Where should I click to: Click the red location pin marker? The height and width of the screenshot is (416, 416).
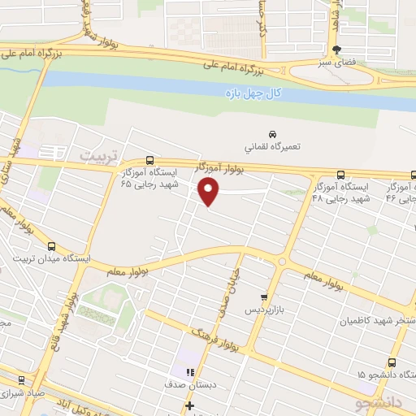coord(210,192)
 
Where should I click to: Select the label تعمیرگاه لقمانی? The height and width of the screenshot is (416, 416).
coord(273,148)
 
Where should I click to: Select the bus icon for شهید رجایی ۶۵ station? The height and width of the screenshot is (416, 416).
coord(149,160)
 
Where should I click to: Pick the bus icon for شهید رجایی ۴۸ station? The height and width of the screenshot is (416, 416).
coord(341,175)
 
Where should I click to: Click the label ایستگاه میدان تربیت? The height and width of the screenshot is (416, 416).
coord(51,258)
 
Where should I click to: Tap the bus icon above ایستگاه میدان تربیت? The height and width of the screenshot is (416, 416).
coord(52,246)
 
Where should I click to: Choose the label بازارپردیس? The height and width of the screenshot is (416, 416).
coord(263,310)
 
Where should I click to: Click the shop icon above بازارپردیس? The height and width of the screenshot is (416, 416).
coord(263,297)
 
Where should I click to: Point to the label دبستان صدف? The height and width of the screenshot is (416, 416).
coord(185,384)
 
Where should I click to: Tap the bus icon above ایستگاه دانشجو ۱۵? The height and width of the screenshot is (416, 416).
coord(393,362)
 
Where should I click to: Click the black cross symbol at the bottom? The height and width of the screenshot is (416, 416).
coord(189,405)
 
